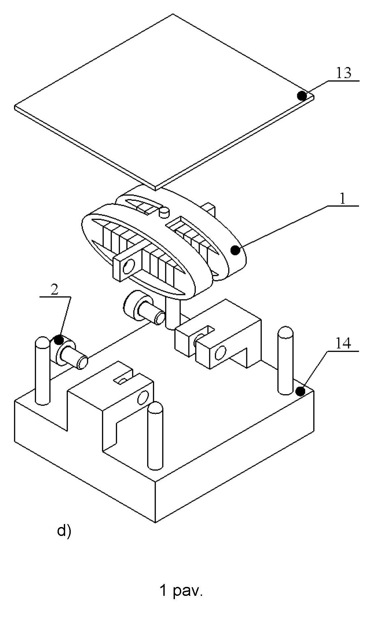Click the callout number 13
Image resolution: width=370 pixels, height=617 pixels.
(x=344, y=73)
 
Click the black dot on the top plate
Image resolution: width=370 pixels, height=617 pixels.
(x=302, y=96)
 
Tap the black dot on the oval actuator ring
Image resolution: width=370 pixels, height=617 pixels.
(x=235, y=250)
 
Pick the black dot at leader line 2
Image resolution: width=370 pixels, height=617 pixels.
(x=59, y=339)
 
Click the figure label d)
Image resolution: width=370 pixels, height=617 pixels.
(x=64, y=531)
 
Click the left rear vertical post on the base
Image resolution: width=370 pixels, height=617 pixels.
(x=42, y=371)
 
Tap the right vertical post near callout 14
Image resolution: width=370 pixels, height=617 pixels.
(x=285, y=360)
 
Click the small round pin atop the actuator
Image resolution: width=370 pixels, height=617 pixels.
(x=164, y=212)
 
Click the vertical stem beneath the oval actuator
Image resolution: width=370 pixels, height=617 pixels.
(x=172, y=313)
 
